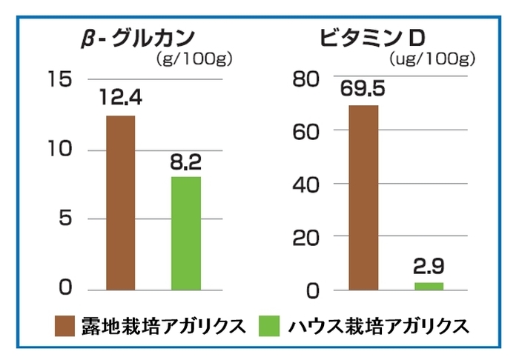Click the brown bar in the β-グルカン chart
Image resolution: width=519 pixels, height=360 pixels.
pos(121,201)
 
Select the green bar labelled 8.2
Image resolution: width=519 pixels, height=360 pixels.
pos(185,233)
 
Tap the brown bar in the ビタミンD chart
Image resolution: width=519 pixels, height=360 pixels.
pos(363,197)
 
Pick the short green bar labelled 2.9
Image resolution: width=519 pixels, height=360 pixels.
pos(429,286)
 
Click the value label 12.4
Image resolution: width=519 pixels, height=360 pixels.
pos(121,99)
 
